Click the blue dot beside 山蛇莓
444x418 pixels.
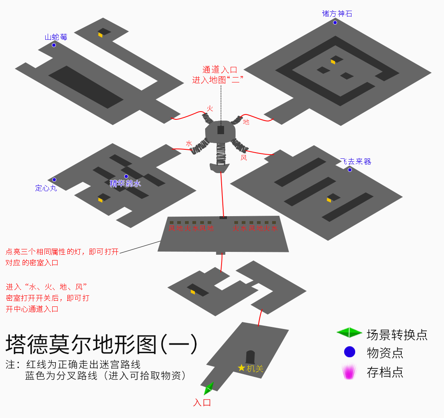coord(54,45)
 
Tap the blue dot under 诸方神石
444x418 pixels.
coord(335,23)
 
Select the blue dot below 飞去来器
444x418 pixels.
coord(350,170)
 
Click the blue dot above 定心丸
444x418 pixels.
coord(54,180)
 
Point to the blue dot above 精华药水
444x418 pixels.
coord(126,176)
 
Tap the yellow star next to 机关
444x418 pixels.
coord(241,368)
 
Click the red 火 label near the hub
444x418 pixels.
coord(210,109)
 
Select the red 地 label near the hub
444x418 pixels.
coord(246,122)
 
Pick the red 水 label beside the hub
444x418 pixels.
coord(189,144)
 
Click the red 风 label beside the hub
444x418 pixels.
coord(244,158)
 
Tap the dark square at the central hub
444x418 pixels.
coord(221,130)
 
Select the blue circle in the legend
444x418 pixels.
coord(349,352)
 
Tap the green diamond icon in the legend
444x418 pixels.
coord(349,333)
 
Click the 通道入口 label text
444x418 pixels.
coord(220,70)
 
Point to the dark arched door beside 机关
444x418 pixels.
coord(250,357)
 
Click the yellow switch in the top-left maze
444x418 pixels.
coord(100,35)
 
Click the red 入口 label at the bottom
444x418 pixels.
coord(202,402)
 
